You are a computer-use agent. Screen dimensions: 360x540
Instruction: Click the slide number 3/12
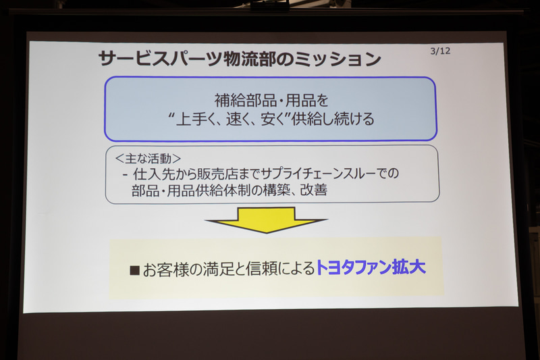click(440, 51)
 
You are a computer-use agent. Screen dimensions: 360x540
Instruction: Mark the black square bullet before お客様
click(134, 269)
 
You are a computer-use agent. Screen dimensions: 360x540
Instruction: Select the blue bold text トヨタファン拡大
click(371, 268)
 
